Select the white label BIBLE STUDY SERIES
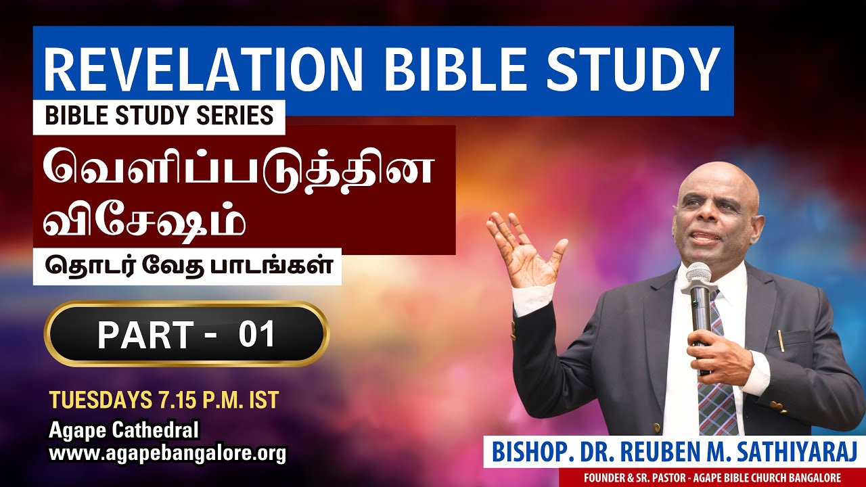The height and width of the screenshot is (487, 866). [160, 116]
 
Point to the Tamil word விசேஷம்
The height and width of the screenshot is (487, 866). [144, 222]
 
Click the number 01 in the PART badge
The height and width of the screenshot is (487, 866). [257, 335]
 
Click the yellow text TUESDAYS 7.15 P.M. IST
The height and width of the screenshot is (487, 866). [164, 400]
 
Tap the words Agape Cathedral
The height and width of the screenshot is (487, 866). [124, 430]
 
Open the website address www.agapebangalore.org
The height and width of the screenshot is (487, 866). [168, 453]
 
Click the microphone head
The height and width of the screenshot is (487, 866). [698, 275]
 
